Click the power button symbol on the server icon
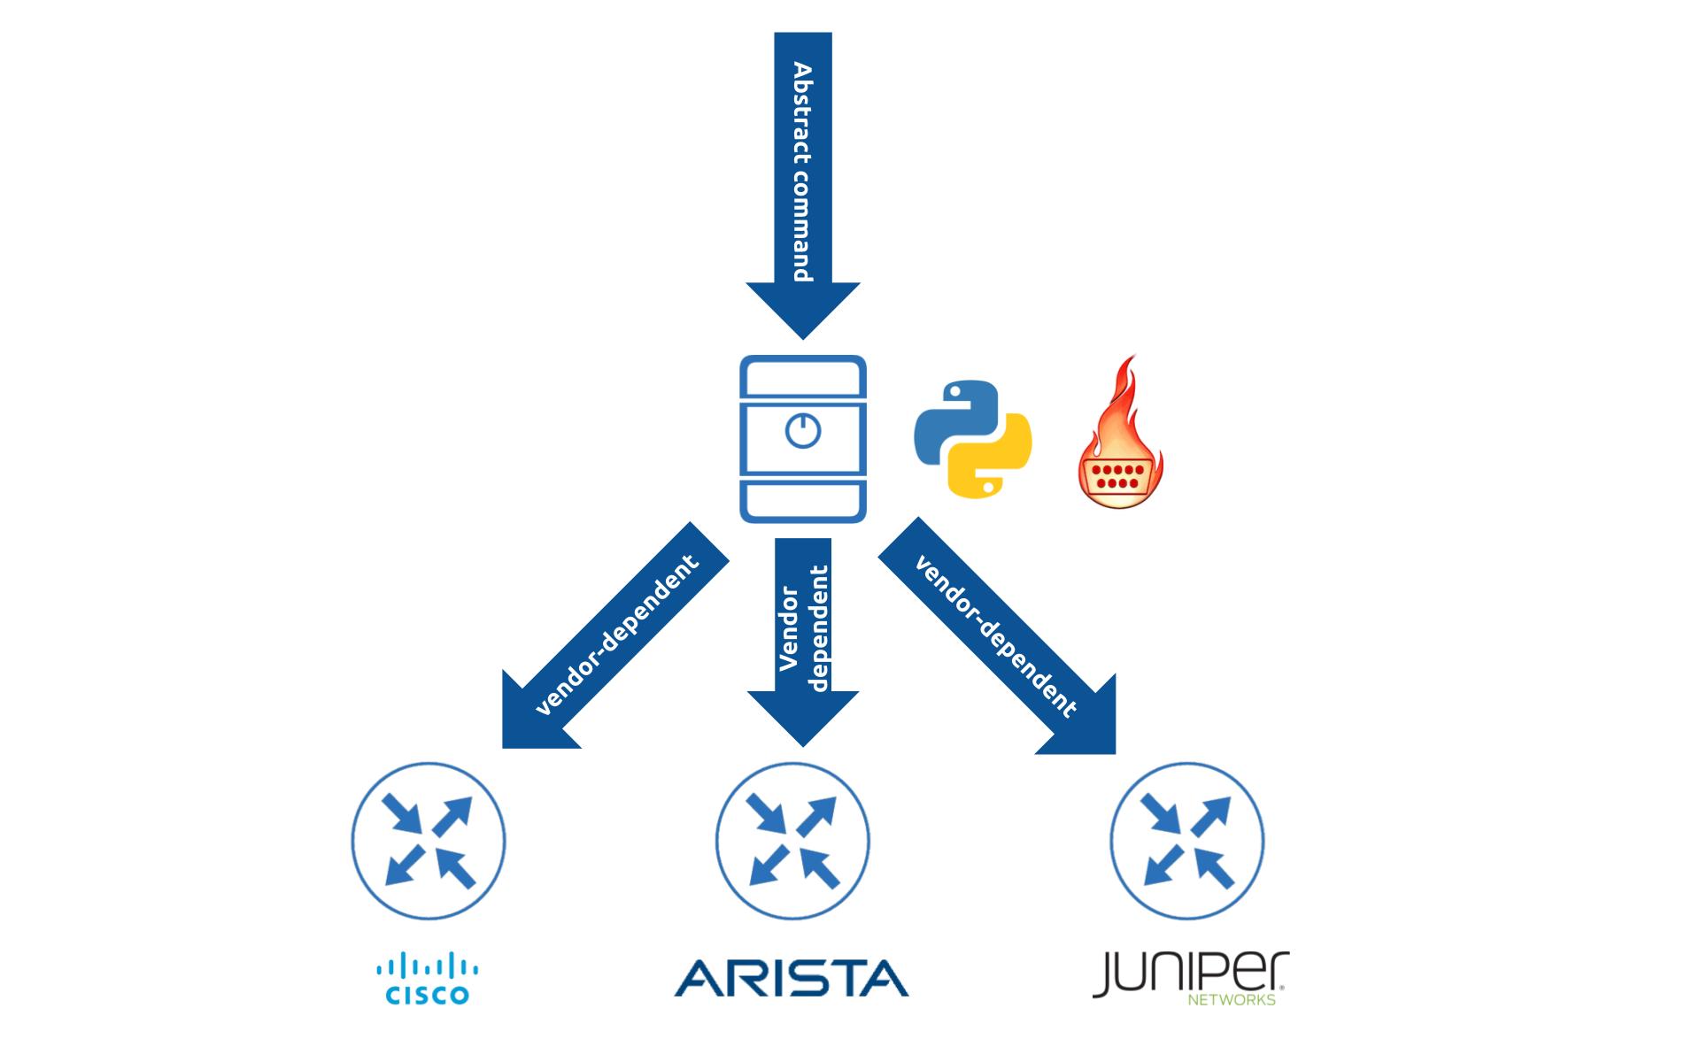[x=803, y=431]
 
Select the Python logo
[x=972, y=438]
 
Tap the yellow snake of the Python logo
[x=992, y=465]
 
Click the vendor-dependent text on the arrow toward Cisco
[x=617, y=635]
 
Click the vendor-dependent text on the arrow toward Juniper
[x=996, y=635]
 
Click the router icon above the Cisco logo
[x=429, y=840]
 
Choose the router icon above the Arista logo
[x=792, y=840]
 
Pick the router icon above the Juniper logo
[x=1187, y=840]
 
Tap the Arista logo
[x=792, y=978]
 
